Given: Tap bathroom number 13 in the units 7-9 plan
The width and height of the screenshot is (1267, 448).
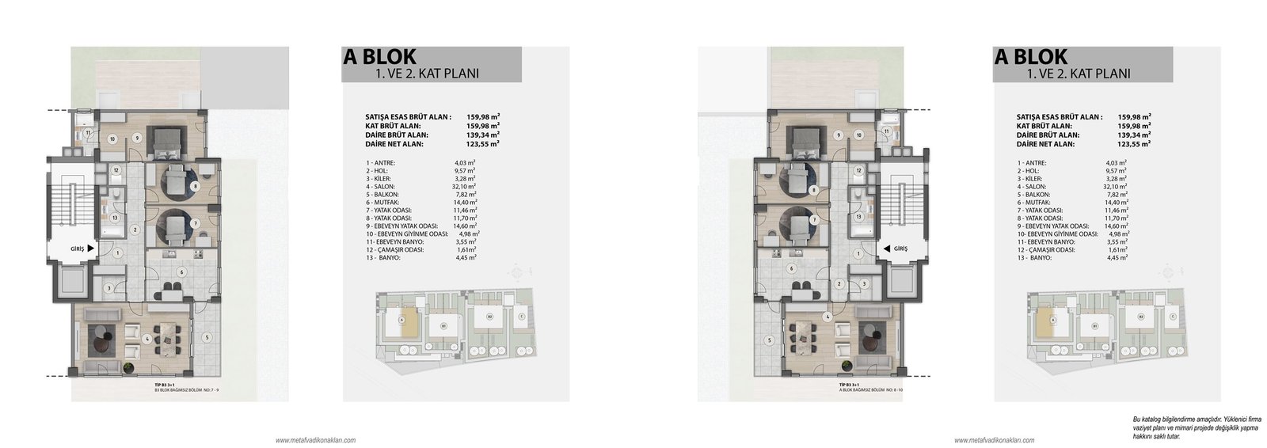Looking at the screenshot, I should (x=116, y=217).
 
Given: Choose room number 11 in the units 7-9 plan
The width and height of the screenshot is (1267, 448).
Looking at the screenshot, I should (x=89, y=132).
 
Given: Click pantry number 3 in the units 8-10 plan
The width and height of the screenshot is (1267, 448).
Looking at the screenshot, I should (x=864, y=283).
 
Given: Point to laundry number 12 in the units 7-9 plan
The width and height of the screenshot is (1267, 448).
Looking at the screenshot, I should (x=116, y=169).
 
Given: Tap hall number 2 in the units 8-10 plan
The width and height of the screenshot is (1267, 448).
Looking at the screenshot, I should (x=839, y=283).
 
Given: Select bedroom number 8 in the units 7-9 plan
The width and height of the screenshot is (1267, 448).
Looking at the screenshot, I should (x=195, y=187).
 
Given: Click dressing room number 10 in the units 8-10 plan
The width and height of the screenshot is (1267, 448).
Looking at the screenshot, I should (x=860, y=136).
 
